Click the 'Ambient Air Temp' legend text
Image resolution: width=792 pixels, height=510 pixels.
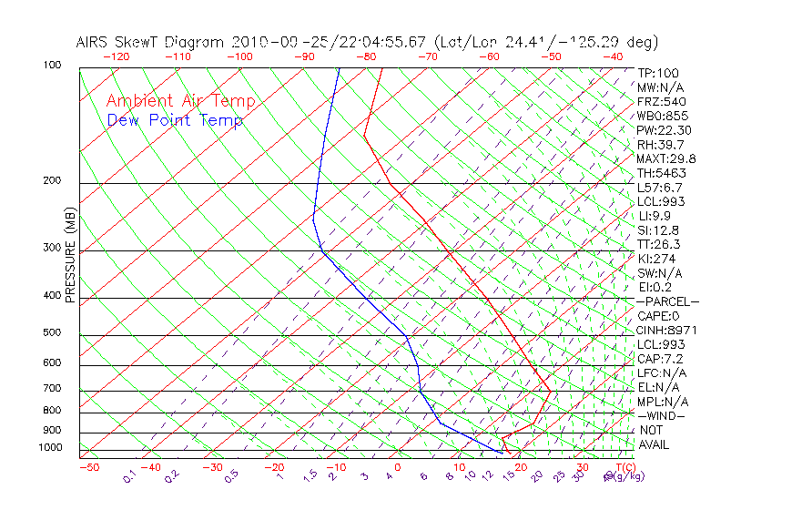tap(181, 102)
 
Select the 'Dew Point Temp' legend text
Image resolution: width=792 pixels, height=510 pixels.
tap(175, 121)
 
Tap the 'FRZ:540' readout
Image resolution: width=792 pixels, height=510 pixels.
tap(658, 102)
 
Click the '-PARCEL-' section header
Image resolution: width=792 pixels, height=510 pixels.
tap(667, 301)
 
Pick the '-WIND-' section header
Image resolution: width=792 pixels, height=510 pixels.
tap(662, 415)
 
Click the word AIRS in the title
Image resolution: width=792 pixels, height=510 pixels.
tap(94, 42)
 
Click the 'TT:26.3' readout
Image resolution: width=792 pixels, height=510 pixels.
tap(658, 244)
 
